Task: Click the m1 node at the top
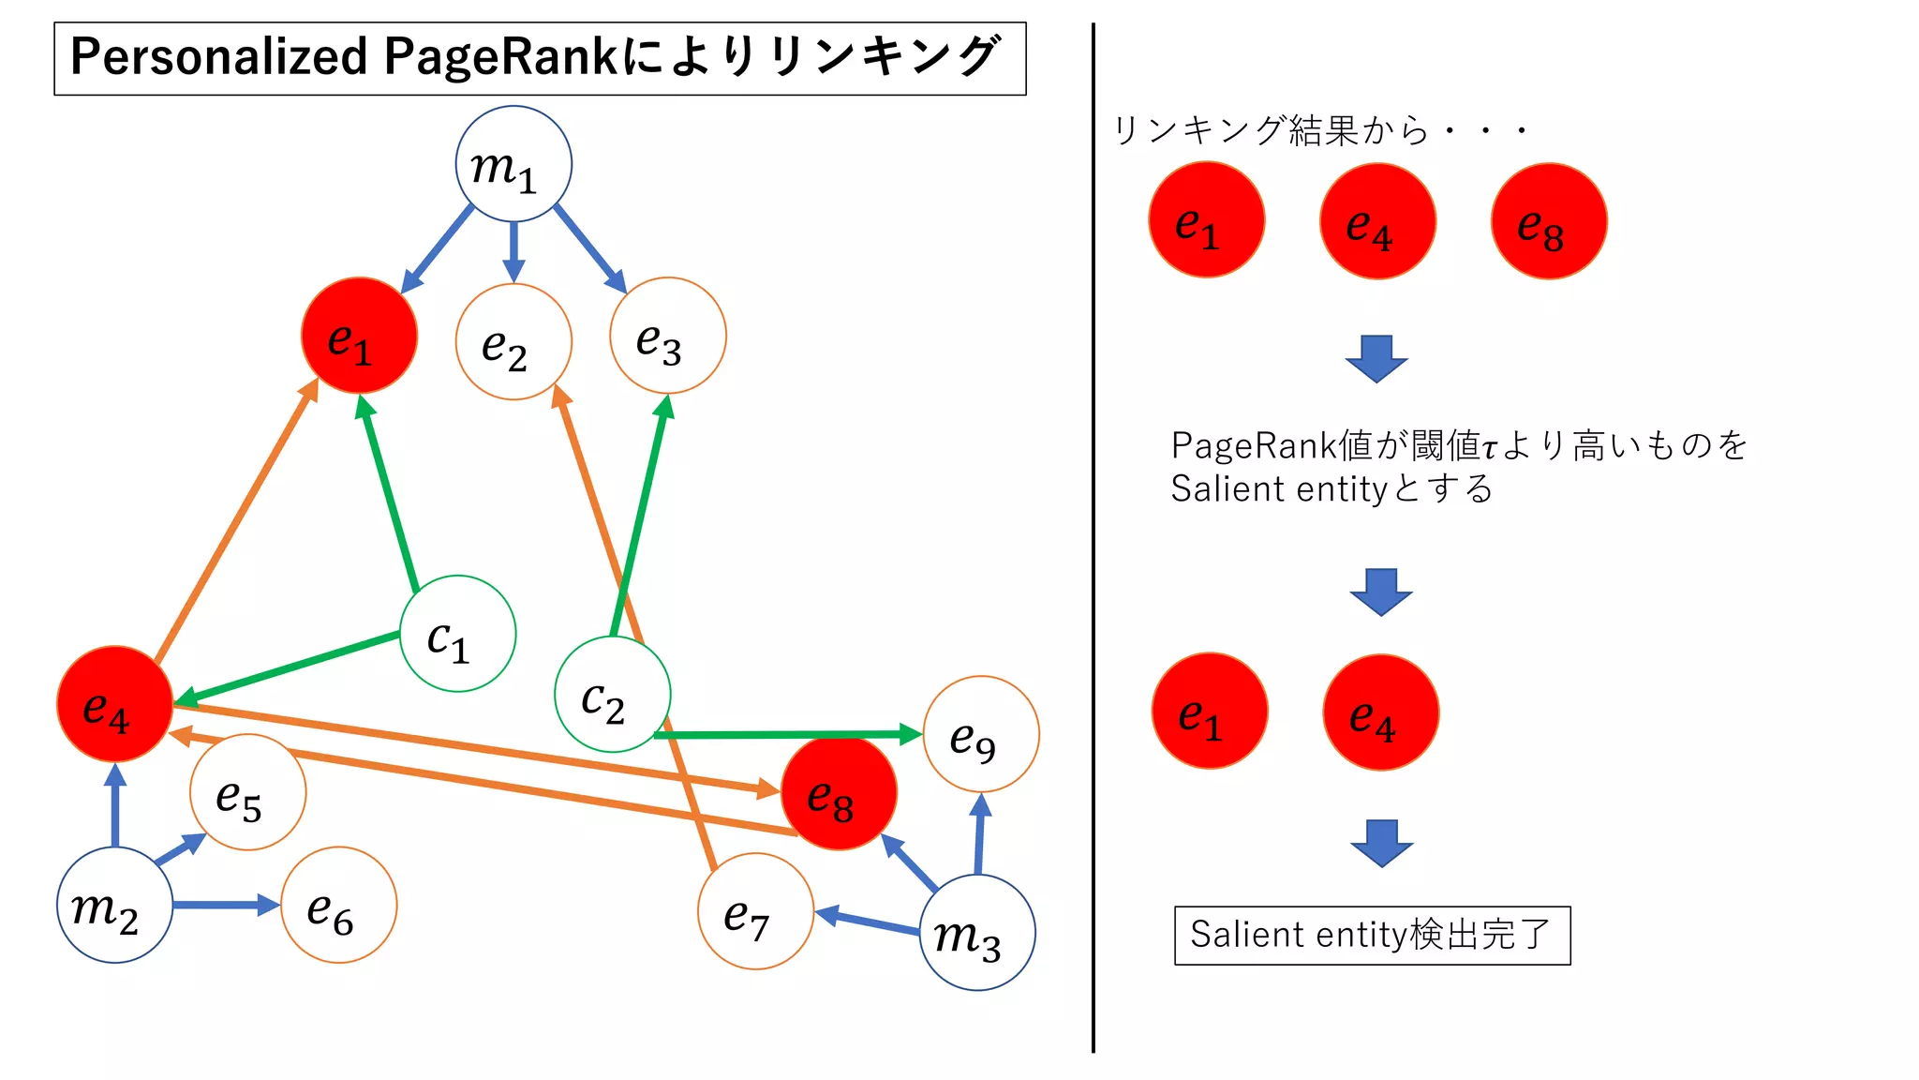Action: [513, 164]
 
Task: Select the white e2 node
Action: [513, 342]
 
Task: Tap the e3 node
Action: [667, 336]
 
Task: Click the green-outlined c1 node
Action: [457, 634]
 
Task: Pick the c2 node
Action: [612, 695]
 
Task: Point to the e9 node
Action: [981, 734]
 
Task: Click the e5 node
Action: [247, 792]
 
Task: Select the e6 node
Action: [338, 905]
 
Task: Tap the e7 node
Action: [755, 911]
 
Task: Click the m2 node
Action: [114, 905]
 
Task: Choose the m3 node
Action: [977, 932]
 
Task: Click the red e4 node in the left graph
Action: [114, 704]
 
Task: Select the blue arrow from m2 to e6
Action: [225, 905]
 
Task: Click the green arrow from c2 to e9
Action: [787, 735]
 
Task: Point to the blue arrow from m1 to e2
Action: [513, 251]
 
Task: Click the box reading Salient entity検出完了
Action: [1372, 936]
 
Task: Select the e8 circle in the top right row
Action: [1549, 221]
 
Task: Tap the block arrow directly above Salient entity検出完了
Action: [1381, 842]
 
